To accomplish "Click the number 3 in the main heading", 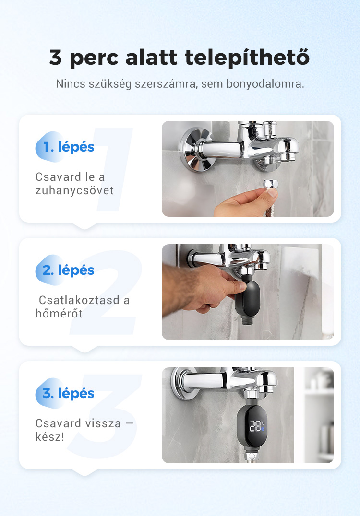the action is (55, 57).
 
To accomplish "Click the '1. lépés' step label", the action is (69, 147).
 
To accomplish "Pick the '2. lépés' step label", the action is (69, 270).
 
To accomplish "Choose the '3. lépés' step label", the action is (69, 393).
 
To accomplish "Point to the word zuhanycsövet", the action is (74, 190).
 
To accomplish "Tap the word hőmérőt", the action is (59, 313).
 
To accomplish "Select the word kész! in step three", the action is (50, 437).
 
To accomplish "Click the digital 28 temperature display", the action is (255, 426).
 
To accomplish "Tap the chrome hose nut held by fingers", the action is (271, 184).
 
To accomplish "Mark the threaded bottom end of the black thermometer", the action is (247, 320).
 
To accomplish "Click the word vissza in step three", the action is (102, 423).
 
